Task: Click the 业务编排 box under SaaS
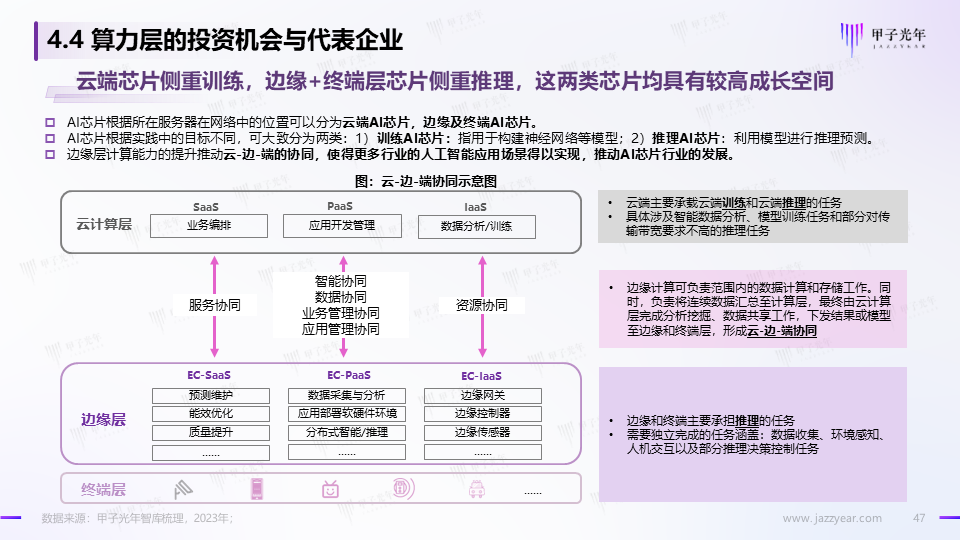tap(209, 226)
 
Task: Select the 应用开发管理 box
tap(342, 226)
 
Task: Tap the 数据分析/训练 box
tap(475, 226)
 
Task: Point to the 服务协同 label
tap(214, 306)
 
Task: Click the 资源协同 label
tap(481, 306)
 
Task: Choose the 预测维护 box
tap(210, 394)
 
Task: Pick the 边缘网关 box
tap(482, 394)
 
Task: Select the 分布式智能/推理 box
tap(347, 432)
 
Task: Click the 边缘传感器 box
tap(482, 432)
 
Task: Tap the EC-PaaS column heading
tap(346, 375)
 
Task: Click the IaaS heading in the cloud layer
tap(474, 207)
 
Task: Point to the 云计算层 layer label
tap(104, 225)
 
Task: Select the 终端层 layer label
tap(104, 489)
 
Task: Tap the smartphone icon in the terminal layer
tap(257, 489)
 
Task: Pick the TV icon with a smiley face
tap(330, 489)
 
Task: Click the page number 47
tap(921, 518)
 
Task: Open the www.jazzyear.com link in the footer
tap(832, 518)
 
